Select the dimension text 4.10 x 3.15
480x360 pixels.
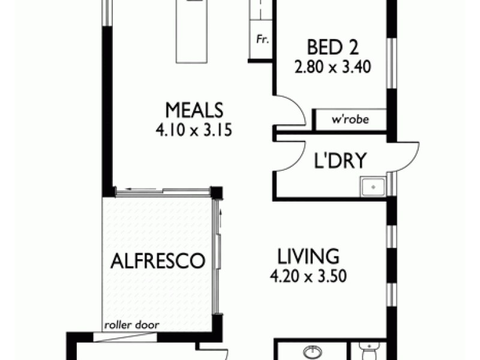tap(194, 130)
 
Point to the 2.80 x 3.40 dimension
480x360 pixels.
tap(331, 67)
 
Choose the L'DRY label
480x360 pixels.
tap(341, 161)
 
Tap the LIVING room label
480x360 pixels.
tap(308, 257)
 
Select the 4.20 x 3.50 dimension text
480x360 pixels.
tap(308, 277)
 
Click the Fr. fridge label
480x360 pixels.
tap(262, 40)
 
